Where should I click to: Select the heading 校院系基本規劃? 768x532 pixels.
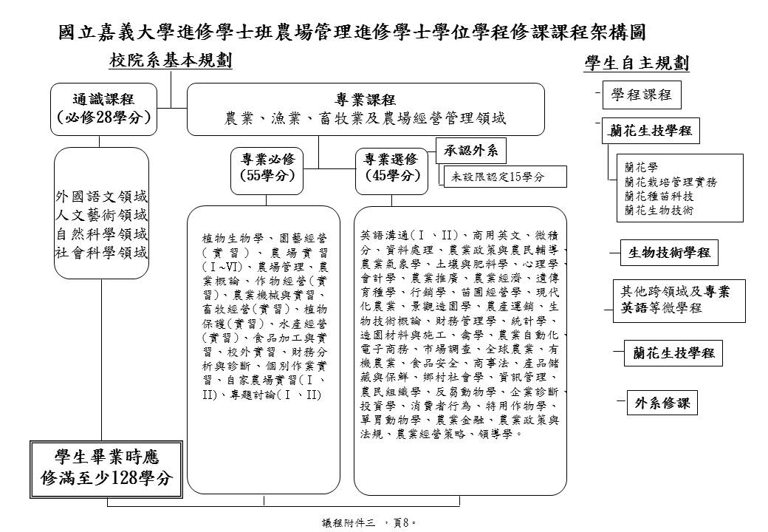point(171,62)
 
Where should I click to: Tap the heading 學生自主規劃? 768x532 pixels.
point(637,64)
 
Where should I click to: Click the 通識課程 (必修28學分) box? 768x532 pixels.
point(103,108)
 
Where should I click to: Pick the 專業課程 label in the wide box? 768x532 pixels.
point(366,100)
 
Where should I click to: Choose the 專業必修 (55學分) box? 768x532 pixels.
point(267,167)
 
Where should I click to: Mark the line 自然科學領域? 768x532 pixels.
point(102,234)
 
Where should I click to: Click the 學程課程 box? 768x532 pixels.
point(641,95)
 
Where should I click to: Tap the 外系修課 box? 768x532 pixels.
point(662,403)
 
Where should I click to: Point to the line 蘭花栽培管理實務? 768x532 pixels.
point(670,182)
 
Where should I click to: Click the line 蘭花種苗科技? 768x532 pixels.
point(659,197)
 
